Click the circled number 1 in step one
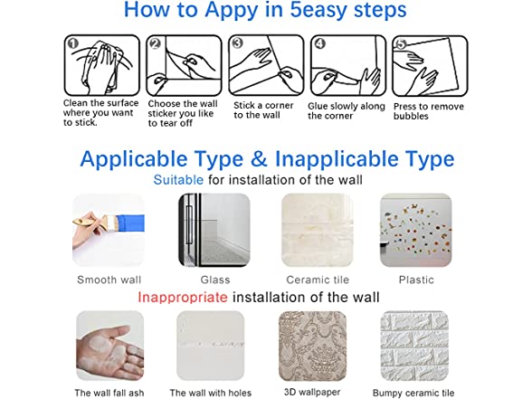coord(73,43)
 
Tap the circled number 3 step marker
coord(237,43)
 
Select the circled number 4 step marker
coord(320,43)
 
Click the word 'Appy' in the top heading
coord(232,10)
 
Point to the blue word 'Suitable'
coord(178,179)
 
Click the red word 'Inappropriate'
coord(183,297)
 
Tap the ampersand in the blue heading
coord(259,159)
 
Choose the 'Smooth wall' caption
coord(109,280)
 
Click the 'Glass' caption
coord(215,280)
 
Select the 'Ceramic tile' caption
coord(318,280)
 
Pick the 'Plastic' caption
coord(416,280)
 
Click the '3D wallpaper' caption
coord(312,392)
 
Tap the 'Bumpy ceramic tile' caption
coord(413,393)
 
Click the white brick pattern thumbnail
coord(414,346)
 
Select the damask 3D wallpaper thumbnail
coord(312,346)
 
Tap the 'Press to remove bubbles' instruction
coord(429,111)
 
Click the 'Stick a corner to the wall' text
coord(263,110)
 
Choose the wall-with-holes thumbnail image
coord(210,346)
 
